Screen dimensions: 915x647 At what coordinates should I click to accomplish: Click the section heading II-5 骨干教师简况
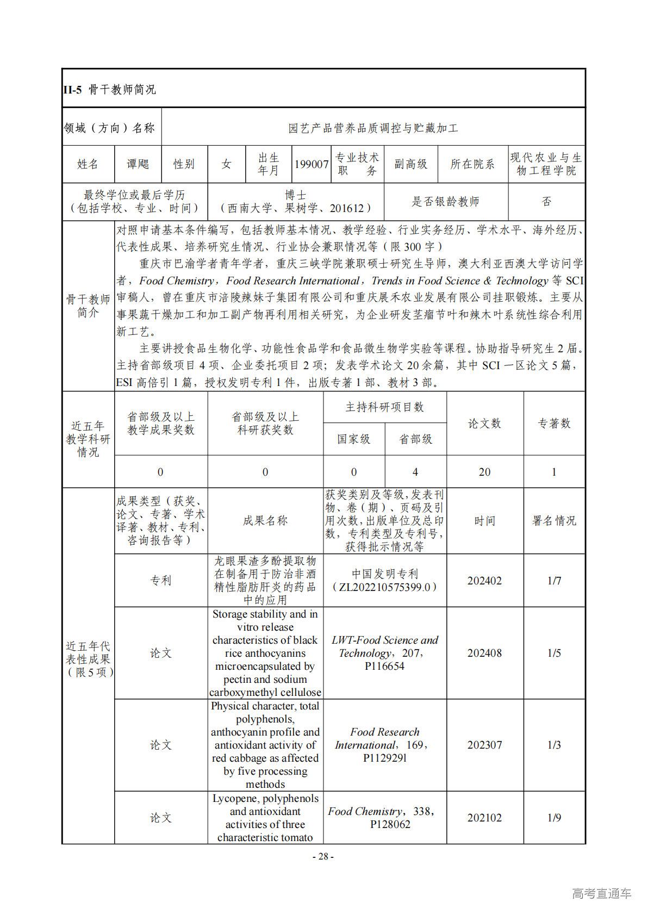tap(110, 90)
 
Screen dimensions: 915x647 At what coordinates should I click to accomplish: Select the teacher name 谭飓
tap(138, 164)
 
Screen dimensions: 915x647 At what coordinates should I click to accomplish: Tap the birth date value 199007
tap(312, 164)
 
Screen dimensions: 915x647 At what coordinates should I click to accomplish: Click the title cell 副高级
tap(410, 164)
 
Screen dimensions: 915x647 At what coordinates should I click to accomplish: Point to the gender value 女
tap(226, 164)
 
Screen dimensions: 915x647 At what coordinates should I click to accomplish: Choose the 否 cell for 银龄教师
tap(546, 202)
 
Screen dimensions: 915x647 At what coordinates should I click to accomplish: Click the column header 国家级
tap(353, 439)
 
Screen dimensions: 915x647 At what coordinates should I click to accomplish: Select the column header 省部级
tap(415, 439)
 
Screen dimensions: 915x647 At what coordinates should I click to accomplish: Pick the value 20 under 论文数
tap(484, 472)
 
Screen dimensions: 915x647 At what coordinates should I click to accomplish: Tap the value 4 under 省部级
tap(415, 472)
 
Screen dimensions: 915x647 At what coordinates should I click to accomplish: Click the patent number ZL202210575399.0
tap(384, 587)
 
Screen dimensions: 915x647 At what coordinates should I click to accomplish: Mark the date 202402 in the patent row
tap(484, 581)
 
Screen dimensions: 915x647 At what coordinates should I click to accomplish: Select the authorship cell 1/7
tap(554, 581)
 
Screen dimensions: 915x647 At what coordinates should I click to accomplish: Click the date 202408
tap(484, 653)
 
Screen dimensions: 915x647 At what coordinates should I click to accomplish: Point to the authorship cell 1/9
tap(554, 818)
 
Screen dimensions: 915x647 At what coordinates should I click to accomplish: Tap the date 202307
tap(484, 745)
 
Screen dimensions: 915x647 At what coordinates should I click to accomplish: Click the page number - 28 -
tap(323, 856)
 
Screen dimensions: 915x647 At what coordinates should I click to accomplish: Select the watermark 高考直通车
tap(601, 893)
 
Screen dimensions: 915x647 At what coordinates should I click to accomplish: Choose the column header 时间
tap(484, 521)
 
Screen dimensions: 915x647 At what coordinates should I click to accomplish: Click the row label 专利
tap(161, 581)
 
